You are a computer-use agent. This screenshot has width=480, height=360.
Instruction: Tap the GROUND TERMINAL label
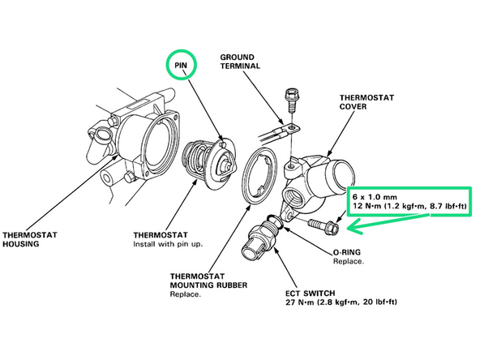coord(243,63)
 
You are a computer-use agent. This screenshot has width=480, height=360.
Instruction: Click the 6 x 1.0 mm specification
coord(375,197)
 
